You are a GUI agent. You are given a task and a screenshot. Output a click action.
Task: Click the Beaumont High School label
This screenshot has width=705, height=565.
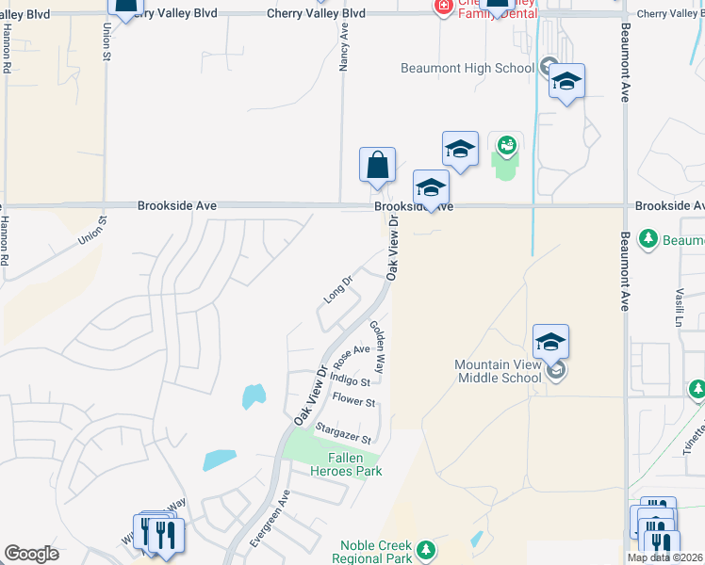coord(467,68)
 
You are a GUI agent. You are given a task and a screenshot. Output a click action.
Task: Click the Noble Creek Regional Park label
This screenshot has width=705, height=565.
coord(376,552)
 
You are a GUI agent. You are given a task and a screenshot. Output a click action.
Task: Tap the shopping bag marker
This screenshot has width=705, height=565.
coord(377,165)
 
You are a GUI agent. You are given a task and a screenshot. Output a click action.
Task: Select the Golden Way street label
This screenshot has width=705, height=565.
coord(377,347)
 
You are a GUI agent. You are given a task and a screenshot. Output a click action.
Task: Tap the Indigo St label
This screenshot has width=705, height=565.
coord(350,379)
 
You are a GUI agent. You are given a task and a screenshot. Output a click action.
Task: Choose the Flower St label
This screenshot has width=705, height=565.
coord(354,402)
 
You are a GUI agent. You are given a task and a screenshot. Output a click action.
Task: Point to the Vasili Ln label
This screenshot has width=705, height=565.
coord(678,307)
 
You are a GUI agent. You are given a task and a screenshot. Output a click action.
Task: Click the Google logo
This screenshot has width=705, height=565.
coord(31,554)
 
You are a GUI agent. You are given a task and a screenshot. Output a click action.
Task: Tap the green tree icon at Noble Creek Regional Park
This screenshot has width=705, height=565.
coord(426,549)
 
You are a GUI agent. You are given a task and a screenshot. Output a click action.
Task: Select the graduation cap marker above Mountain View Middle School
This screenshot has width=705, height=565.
coord(550,341)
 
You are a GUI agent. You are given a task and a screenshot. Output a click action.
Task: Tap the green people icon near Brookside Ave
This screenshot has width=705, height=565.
coord(506,145)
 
